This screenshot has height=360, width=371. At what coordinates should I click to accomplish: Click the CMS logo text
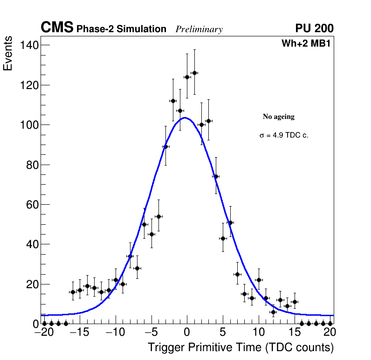point(57,28)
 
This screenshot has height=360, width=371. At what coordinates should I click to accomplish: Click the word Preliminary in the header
point(199,29)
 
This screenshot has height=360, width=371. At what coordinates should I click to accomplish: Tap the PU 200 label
point(314,28)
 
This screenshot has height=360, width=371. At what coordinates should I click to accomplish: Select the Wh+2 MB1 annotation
point(306,44)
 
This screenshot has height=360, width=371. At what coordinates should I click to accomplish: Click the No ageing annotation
point(279,117)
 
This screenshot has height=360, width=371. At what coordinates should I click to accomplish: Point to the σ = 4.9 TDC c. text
point(284,135)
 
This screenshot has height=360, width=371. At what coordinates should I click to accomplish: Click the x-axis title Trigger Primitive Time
point(240,347)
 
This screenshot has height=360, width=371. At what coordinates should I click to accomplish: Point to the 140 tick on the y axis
point(28,45)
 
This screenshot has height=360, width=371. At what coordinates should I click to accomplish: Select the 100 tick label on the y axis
point(28,125)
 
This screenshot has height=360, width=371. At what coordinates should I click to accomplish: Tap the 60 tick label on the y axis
point(31,205)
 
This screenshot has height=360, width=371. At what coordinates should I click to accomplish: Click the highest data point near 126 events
point(194,73)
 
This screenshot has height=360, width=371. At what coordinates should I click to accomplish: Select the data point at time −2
point(173,101)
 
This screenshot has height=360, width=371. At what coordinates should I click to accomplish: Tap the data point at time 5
point(223,238)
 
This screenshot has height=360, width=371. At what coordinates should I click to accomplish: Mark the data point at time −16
point(73,292)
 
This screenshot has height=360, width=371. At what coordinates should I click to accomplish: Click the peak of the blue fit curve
point(185,118)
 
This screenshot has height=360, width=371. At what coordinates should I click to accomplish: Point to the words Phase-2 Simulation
point(121,29)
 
